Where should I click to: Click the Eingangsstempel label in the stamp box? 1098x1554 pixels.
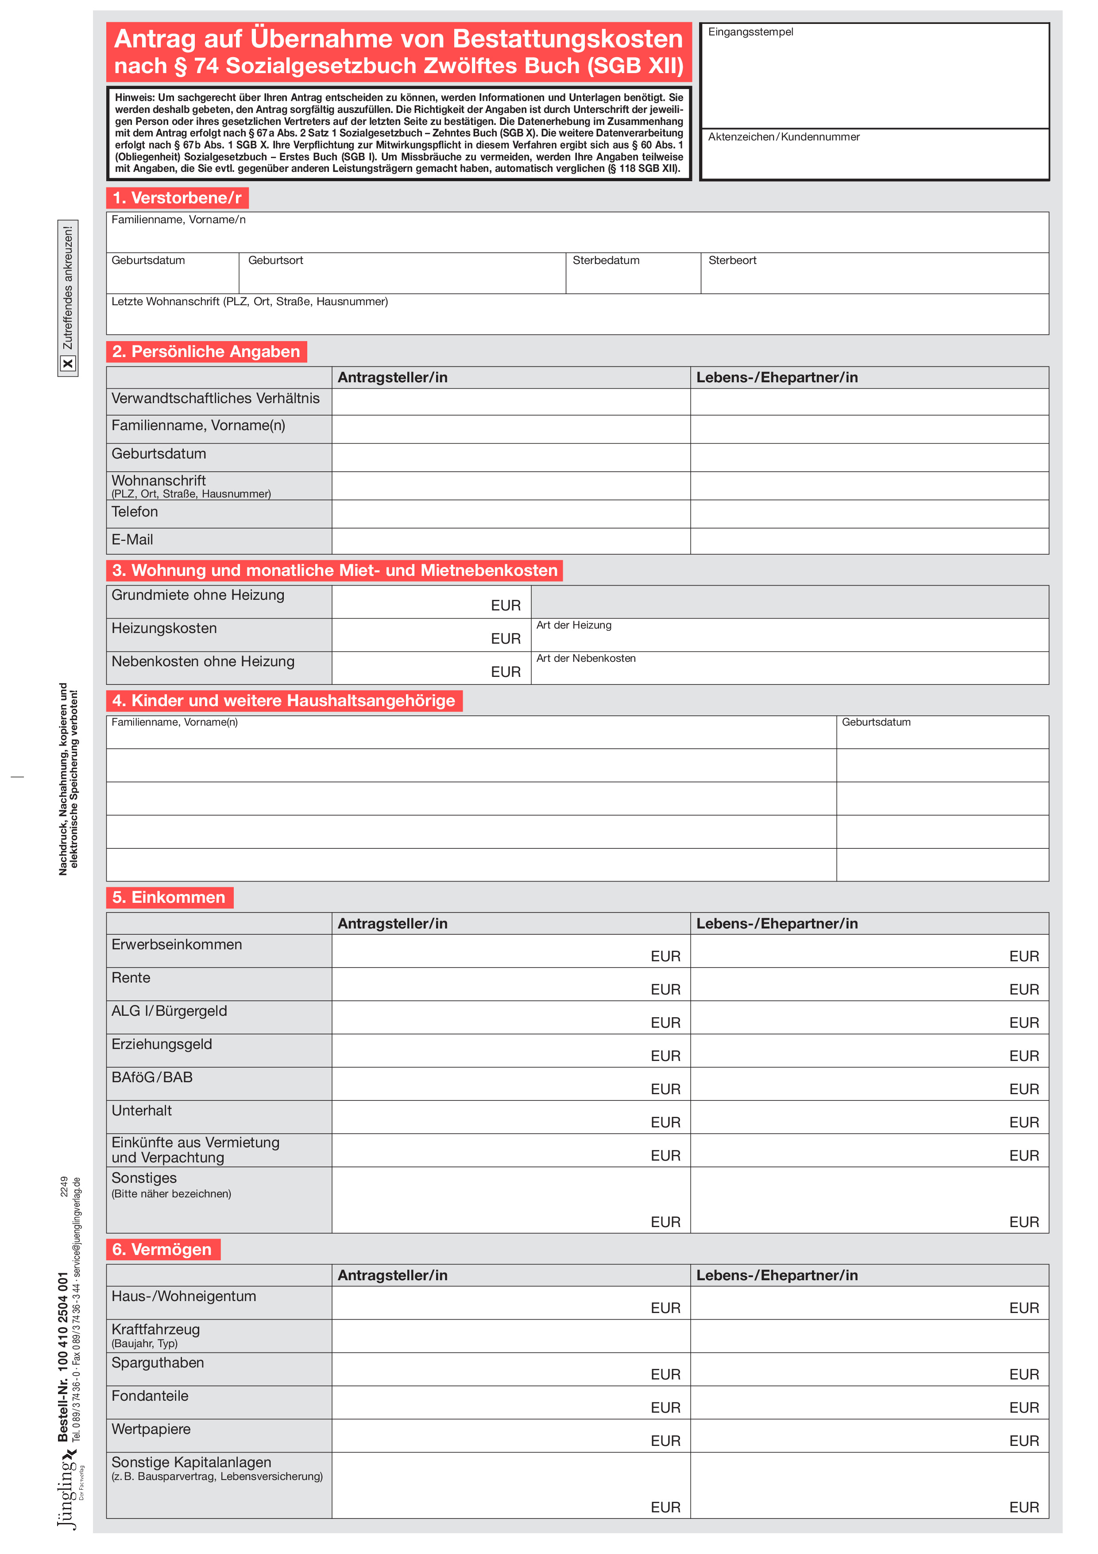tap(750, 32)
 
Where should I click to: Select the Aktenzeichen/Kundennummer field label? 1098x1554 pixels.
tap(783, 137)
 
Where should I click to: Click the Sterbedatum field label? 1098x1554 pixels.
tap(606, 260)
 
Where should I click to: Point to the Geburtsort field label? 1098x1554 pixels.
tap(275, 260)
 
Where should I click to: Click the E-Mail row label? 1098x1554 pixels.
tap(132, 540)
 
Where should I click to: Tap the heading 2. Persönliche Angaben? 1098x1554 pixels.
tap(206, 351)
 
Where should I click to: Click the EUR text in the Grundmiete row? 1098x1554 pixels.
tap(505, 605)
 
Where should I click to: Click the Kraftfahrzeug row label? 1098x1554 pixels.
tap(155, 1329)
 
